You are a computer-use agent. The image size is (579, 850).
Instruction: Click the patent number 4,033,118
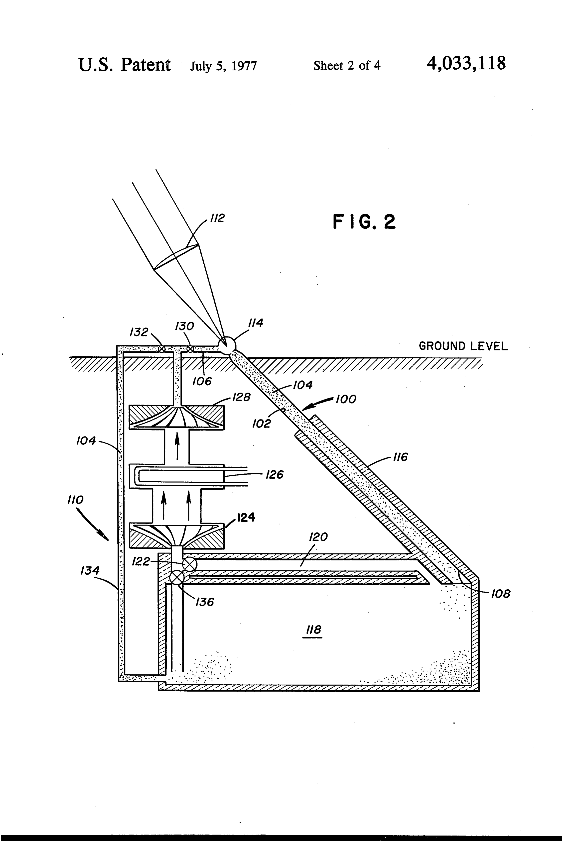[466, 64]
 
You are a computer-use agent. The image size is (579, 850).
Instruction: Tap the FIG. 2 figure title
[364, 222]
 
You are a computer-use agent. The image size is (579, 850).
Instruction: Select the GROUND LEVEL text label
[463, 346]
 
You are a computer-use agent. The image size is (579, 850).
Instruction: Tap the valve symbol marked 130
[190, 349]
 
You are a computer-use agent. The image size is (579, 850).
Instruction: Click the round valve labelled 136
[177, 578]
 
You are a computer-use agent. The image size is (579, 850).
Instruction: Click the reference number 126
[275, 475]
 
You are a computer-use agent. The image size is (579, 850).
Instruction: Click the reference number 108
[500, 594]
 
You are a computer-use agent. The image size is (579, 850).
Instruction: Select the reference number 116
[400, 457]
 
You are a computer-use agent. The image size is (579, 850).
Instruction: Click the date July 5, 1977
[224, 66]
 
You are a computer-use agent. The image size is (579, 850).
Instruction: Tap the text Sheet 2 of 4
[347, 65]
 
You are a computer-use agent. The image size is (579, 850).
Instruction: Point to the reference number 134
[90, 571]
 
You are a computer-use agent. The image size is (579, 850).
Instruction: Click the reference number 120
[318, 537]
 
